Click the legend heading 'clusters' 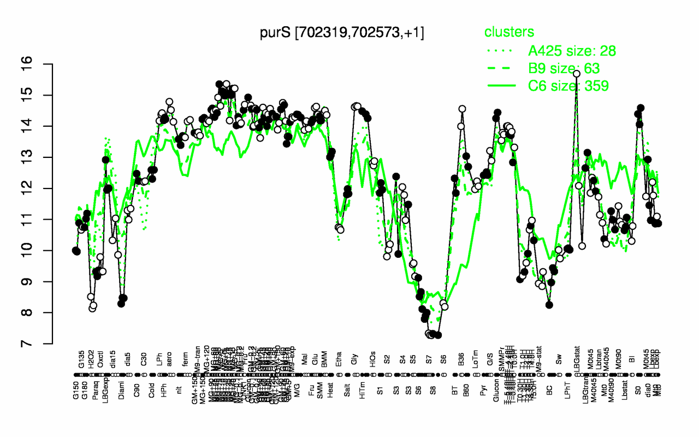(x=510, y=32)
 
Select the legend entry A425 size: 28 (x=572, y=51)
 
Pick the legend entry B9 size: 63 (x=564, y=68)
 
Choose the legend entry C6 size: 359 (x=568, y=85)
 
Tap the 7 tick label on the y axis (x=42, y=344)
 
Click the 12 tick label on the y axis (x=42, y=188)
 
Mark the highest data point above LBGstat (x=576, y=73)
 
